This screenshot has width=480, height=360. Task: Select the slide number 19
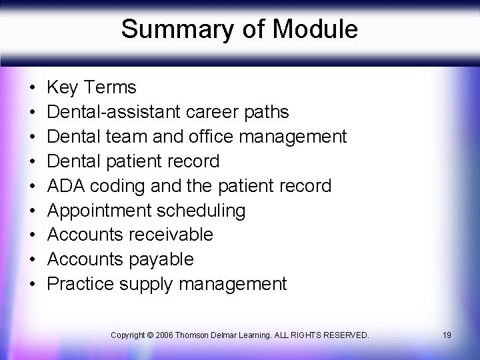tap(446, 334)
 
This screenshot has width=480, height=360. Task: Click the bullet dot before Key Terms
tap(33, 88)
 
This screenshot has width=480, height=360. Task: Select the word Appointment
tap(99, 211)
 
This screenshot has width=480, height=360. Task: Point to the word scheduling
tap(201, 211)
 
